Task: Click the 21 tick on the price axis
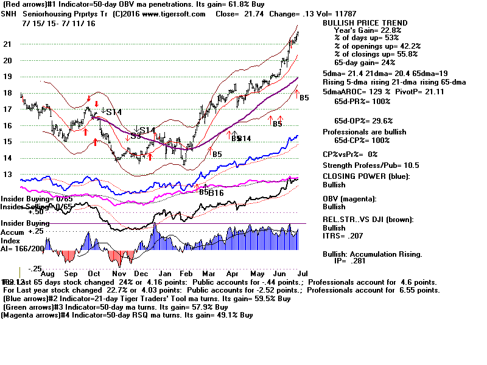click(x=8, y=44)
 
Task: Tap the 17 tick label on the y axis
click(x=8, y=109)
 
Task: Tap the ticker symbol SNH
click(x=12, y=14)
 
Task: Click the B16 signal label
click(x=216, y=193)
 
